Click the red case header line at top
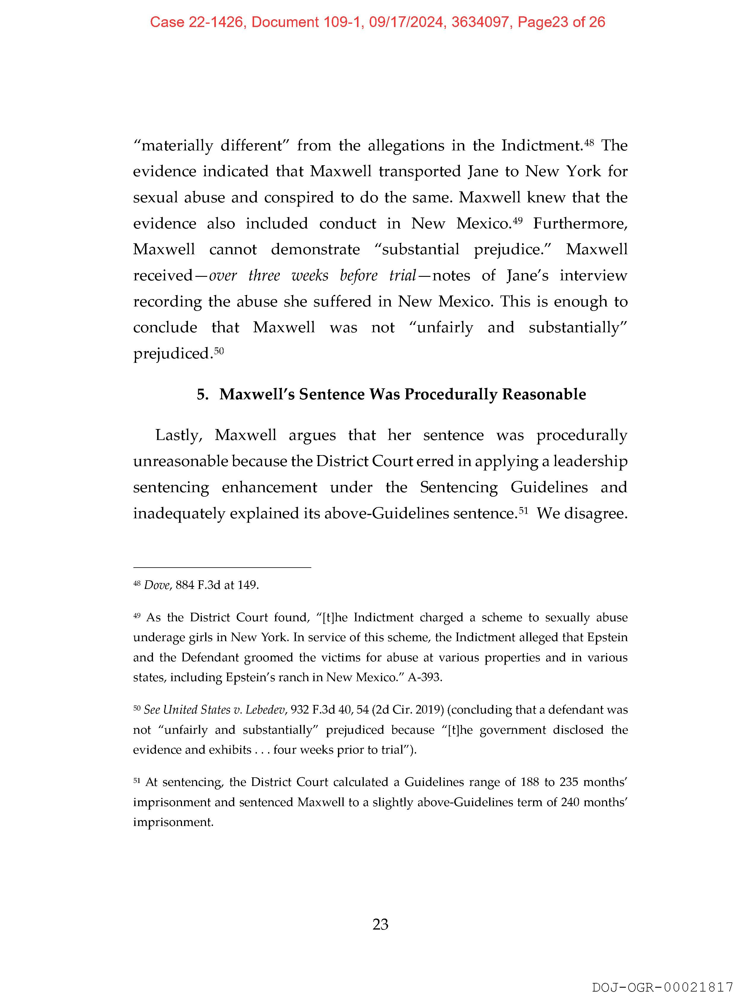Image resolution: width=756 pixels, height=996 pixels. (x=377, y=22)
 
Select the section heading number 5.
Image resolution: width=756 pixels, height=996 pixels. (x=202, y=394)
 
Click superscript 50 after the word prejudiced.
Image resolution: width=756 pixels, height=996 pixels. (x=219, y=351)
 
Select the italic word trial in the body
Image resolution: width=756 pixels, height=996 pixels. (x=402, y=276)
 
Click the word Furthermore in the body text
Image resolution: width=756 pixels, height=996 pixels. (x=580, y=224)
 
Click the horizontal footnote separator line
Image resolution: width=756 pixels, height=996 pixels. (x=222, y=568)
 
